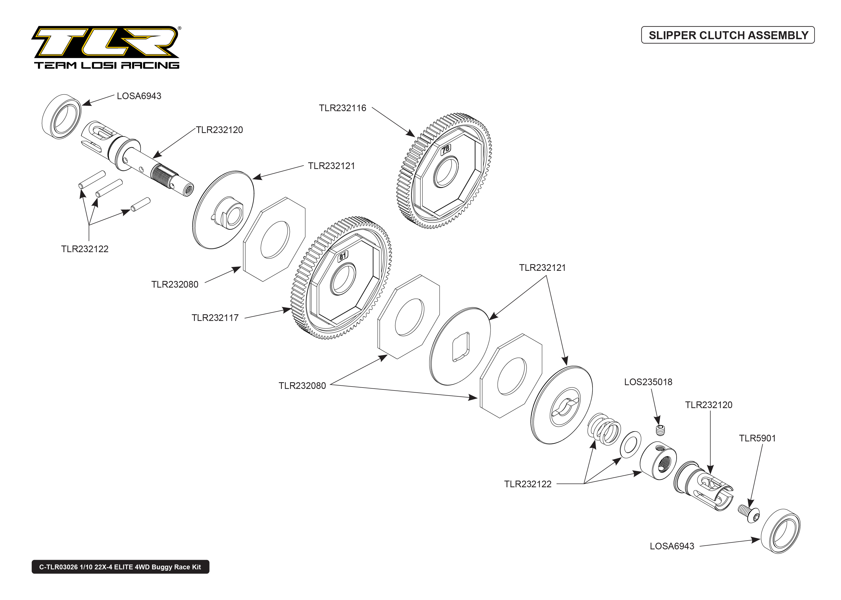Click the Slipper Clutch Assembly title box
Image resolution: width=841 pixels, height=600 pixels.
pos(728,35)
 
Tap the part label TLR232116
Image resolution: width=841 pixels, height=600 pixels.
pos(342,108)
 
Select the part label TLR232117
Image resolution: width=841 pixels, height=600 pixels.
pos(215,318)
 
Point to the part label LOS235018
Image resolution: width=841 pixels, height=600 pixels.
pos(648,382)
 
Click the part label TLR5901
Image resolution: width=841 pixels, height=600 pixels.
pos(757,438)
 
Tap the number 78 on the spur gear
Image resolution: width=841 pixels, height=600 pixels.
pos(446,149)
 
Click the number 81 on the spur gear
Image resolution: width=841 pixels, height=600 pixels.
pos(343,256)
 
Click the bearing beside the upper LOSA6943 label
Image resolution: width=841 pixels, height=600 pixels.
pos(62,116)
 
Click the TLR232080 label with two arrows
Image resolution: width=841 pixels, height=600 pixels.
pos(302,386)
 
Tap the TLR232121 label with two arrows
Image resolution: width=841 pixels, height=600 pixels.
pos(542,268)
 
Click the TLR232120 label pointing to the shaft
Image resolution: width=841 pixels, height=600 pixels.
pos(219,130)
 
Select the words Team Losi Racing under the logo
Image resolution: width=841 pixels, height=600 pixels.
pos(106,65)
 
